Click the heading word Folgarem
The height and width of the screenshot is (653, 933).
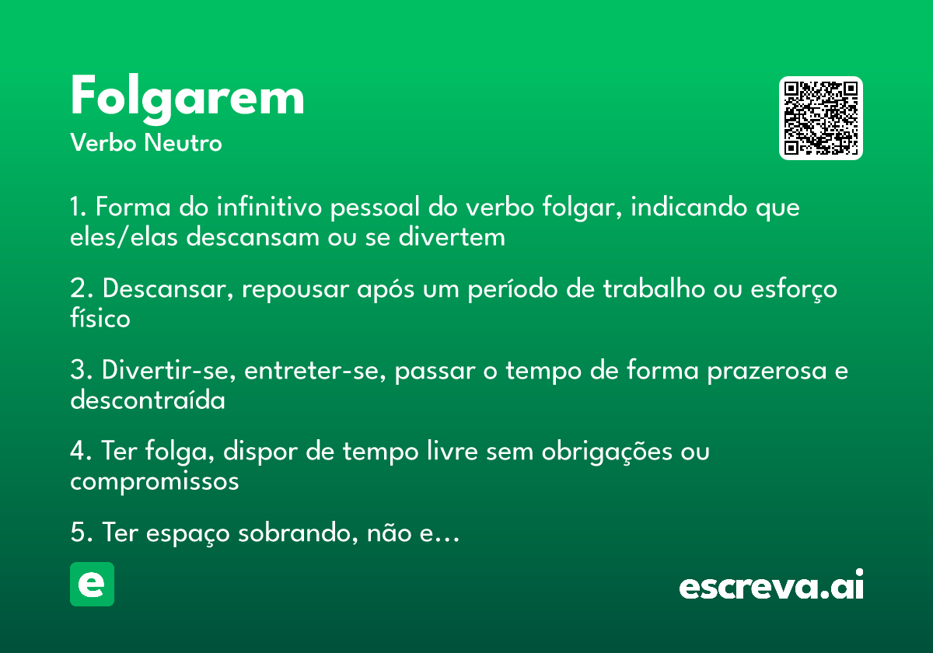[187, 98]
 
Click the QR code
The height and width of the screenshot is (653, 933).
[821, 118]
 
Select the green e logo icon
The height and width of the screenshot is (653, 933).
[92, 584]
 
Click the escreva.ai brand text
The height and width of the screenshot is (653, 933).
[771, 586]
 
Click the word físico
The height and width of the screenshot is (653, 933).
[100, 318]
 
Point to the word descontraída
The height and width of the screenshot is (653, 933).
[147, 400]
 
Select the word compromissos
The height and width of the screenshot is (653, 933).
[154, 481]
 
